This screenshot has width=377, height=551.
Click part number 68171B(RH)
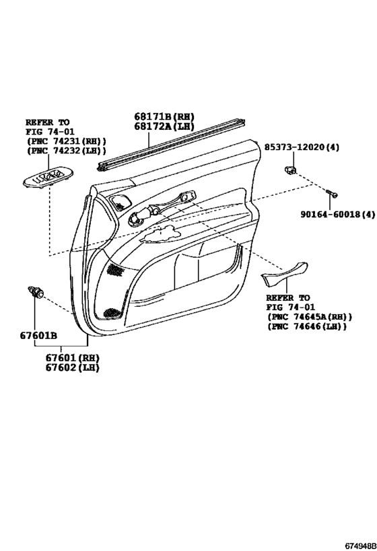pyautogui.click(x=164, y=116)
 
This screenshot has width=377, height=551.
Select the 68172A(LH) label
pyautogui.click(x=164, y=126)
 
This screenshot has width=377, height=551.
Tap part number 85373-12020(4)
pyautogui.click(x=302, y=147)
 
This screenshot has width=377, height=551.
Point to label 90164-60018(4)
pyautogui.click(x=337, y=214)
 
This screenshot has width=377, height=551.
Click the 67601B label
pyautogui.click(x=38, y=336)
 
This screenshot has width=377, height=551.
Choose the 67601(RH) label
pyautogui.click(x=72, y=358)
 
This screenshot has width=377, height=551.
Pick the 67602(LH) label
pyautogui.click(x=72, y=367)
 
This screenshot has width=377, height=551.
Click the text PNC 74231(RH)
pyautogui.click(x=67, y=141)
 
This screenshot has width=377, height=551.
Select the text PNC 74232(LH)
pyautogui.click(x=67, y=151)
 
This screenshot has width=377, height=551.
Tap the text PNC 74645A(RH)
pyautogui.click(x=310, y=317)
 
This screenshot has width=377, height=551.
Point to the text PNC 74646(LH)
pyautogui.click(x=307, y=326)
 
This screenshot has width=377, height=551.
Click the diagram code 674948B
pyautogui.click(x=360, y=546)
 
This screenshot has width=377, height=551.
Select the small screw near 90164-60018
pyautogui.click(x=332, y=193)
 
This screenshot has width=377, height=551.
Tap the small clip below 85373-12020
pyautogui.click(x=290, y=170)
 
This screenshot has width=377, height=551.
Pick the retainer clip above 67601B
pyautogui.click(x=36, y=292)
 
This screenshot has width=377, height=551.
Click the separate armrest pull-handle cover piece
pyautogui.click(x=284, y=273)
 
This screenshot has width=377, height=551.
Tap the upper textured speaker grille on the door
pyautogui.click(x=121, y=202)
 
